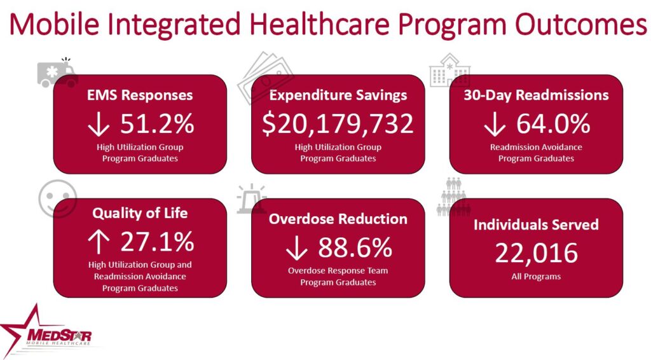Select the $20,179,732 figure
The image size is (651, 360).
338,123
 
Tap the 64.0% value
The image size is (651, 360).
553,123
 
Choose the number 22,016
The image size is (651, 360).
536,253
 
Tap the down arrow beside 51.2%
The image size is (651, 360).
99,125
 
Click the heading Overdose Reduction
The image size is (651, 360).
338,219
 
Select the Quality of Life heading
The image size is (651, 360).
140,214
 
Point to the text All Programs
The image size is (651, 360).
536,277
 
